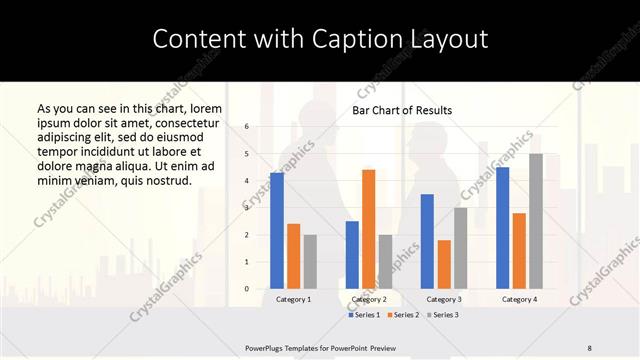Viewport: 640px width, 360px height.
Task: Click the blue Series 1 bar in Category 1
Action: [x=277, y=231]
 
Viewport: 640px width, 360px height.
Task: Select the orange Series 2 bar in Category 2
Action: [x=368, y=229]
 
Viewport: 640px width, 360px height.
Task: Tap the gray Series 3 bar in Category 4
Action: [x=536, y=221]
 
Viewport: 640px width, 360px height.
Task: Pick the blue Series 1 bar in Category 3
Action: [x=427, y=241]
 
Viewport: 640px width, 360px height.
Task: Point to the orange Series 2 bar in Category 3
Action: [x=444, y=264]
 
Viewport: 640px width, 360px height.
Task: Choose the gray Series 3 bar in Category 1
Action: [x=310, y=262]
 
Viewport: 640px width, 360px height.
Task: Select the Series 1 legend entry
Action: [x=366, y=315]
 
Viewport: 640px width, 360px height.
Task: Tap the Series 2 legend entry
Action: [x=404, y=315]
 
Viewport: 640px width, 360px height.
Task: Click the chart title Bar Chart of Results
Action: [x=402, y=110]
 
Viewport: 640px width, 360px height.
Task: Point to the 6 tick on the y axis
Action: [x=246, y=127]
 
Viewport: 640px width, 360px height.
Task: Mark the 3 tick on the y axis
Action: [x=246, y=208]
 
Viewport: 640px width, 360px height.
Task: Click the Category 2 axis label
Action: [x=369, y=299]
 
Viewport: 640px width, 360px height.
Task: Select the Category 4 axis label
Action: [x=519, y=299]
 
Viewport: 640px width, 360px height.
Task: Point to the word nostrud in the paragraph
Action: [x=163, y=181]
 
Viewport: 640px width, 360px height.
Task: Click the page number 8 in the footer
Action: [x=590, y=348]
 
